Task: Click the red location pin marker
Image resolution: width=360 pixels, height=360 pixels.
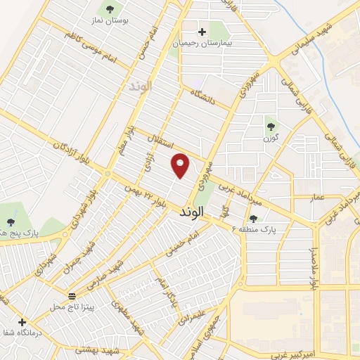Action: point(181,165)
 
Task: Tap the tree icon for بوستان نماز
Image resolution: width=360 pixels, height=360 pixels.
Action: point(109,8)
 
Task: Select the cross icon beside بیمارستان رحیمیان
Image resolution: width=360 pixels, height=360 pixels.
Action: point(202,31)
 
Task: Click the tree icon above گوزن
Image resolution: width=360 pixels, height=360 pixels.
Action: point(271,127)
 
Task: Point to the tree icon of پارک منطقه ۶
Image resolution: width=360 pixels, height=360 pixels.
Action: point(253,219)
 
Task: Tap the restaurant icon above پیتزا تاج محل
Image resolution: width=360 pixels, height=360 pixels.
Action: point(72,295)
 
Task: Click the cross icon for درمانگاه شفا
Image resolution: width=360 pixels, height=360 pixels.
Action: point(22,322)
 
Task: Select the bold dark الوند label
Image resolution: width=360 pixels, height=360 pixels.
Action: point(191,211)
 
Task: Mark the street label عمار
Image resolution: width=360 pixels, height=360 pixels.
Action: point(318,198)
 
